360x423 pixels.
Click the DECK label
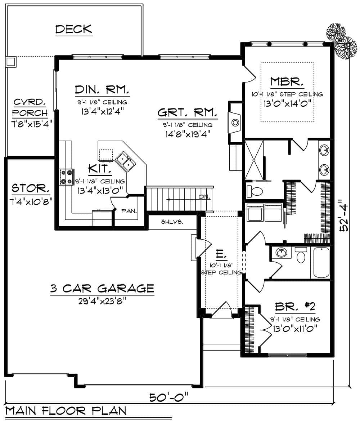coord(74,29)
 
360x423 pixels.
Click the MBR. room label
coord(287,81)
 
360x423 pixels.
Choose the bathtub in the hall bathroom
coord(321,262)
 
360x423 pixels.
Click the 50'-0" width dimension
coord(169,397)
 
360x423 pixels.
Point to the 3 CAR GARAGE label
coord(102,288)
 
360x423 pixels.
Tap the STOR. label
coord(31,188)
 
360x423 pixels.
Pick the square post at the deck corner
coord(11,62)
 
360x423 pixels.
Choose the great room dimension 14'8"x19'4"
coord(187,133)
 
